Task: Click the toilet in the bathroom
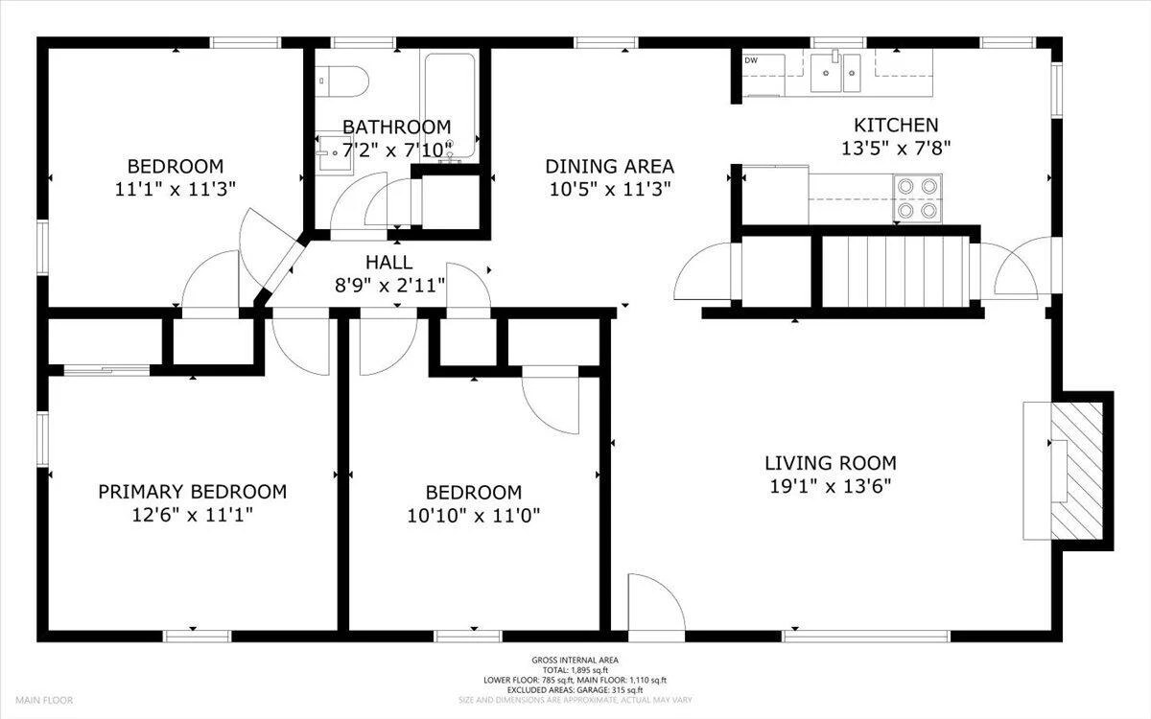341,81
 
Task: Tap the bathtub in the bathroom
450,106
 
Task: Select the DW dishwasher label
751,60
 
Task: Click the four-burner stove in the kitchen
917,197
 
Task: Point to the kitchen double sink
835,73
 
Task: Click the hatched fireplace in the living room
1076,471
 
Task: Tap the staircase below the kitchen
896,271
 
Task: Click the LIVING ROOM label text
831,463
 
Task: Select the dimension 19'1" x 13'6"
830,486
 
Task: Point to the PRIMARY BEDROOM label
192,492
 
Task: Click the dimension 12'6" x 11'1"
192,515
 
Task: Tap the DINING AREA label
609,167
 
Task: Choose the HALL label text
389,263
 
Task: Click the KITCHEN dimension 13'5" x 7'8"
896,149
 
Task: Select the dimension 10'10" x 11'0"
473,515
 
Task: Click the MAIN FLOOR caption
44,700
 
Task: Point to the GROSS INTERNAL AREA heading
575,661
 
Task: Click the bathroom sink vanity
334,153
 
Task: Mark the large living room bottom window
866,637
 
